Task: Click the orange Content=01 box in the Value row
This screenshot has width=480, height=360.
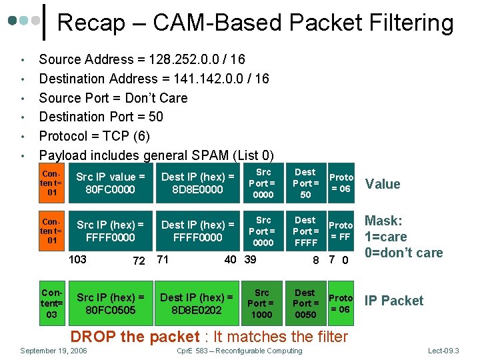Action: click(x=52, y=183)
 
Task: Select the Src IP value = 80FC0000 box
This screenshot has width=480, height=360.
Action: click(x=111, y=183)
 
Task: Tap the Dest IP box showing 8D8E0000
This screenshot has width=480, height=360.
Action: click(x=198, y=183)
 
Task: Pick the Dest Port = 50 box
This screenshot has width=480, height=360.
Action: click(x=306, y=183)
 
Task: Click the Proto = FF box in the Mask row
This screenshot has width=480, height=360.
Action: click(x=341, y=231)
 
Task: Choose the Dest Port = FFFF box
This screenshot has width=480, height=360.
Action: click(x=306, y=231)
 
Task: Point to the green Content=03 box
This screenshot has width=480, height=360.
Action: click(x=52, y=303)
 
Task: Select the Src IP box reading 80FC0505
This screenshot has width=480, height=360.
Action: click(x=111, y=303)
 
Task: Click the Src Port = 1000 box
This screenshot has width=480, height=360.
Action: click(x=262, y=303)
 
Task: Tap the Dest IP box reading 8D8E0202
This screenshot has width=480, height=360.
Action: click(x=197, y=303)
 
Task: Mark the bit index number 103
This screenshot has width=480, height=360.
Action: click(x=77, y=259)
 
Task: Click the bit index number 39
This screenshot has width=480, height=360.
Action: click(x=250, y=259)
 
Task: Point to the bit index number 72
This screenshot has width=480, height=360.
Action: click(x=139, y=261)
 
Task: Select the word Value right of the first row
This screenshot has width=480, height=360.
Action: click(x=383, y=184)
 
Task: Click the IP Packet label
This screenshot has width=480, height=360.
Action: click(x=394, y=301)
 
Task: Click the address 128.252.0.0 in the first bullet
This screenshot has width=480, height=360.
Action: click(x=184, y=59)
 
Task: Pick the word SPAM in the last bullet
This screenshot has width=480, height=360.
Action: click(x=210, y=155)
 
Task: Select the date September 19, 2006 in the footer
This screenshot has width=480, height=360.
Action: click(x=53, y=351)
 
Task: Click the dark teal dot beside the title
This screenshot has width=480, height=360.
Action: click(x=13, y=21)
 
